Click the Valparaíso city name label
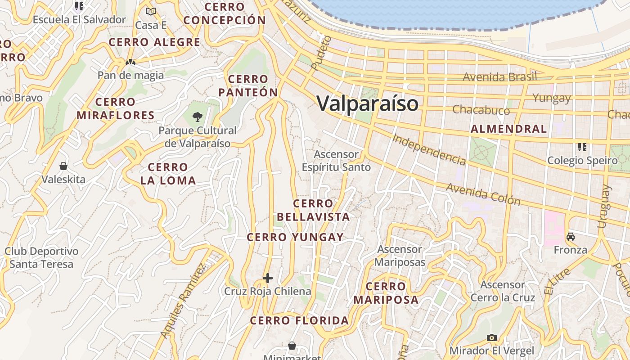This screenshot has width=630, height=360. tap(368, 103)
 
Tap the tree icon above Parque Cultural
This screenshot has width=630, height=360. tap(197, 117)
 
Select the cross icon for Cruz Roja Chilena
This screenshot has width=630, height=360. tap(268, 278)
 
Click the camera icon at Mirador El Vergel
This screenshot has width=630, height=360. tap(492, 337)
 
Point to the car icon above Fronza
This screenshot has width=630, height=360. tap(571, 237)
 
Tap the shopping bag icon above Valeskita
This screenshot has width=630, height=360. tap(63, 166)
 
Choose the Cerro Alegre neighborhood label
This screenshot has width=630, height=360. tap(154, 42)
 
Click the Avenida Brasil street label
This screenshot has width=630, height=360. tap(499, 77)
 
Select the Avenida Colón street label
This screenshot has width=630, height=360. tap(483, 194)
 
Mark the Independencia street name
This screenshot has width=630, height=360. tap(428, 149)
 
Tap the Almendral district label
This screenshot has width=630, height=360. tap(508, 129)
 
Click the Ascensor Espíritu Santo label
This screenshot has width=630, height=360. tap(336, 161)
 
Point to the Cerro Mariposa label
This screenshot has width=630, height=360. tap(386, 293)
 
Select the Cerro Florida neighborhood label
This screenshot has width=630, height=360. tap(299, 321)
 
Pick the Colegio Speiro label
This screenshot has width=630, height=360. tap(582, 161)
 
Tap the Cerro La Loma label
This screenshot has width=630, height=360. tap(168, 174)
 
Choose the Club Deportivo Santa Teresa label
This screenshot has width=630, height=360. tap(41, 257)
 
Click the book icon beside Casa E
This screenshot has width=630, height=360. tap(151, 11)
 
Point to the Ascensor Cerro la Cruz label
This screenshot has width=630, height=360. tap(503, 291)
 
